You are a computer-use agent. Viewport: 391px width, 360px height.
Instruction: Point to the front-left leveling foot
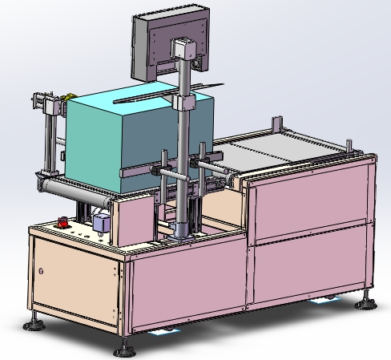pyautogui.click(x=35, y=323)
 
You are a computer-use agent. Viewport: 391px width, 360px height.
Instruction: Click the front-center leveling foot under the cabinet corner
pyautogui.click(x=122, y=350)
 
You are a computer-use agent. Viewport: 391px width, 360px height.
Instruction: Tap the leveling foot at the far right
pyautogui.click(x=367, y=301)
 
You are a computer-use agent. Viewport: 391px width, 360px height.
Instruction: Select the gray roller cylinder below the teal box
pyautogui.click(x=80, y=190)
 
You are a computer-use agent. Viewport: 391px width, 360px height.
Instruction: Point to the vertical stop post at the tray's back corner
pyautogui.click(x=276, y=127)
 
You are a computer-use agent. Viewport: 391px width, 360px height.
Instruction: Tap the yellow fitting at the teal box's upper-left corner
pyautogui.click(x=57, y=103)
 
